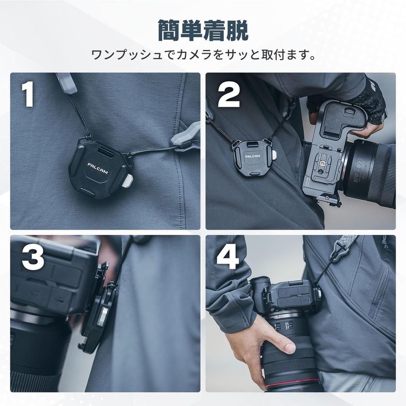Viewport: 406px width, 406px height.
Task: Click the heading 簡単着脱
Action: (203, 31)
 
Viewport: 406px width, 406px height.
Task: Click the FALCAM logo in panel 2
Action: (253, 156)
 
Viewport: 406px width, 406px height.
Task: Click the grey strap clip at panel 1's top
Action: (66, 83)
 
